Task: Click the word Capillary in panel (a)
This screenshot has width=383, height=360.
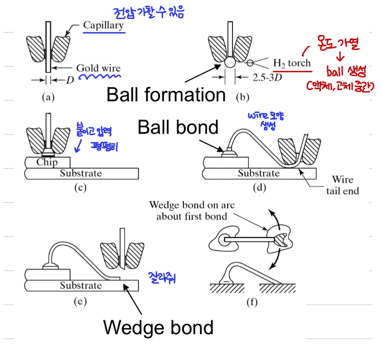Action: [x=103, y=25]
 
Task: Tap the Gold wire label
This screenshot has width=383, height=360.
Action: [x=98, y=68]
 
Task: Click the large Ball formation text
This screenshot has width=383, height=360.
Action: [x=166, y=95]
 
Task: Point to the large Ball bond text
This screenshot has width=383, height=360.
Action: [x=178, y=127]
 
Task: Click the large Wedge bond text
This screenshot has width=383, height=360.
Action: [x=158, y=328]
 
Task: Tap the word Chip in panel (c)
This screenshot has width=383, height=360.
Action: [x=47, y=162]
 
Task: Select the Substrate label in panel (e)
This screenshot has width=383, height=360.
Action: [x=81, y=286]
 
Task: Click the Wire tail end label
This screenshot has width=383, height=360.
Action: [x=342, y=185]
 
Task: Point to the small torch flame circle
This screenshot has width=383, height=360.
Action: [x=250, y=63]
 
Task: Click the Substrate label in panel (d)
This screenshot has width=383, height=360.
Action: [x=258, y=173]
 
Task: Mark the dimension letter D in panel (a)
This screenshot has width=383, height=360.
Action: [x=69, y=80]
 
